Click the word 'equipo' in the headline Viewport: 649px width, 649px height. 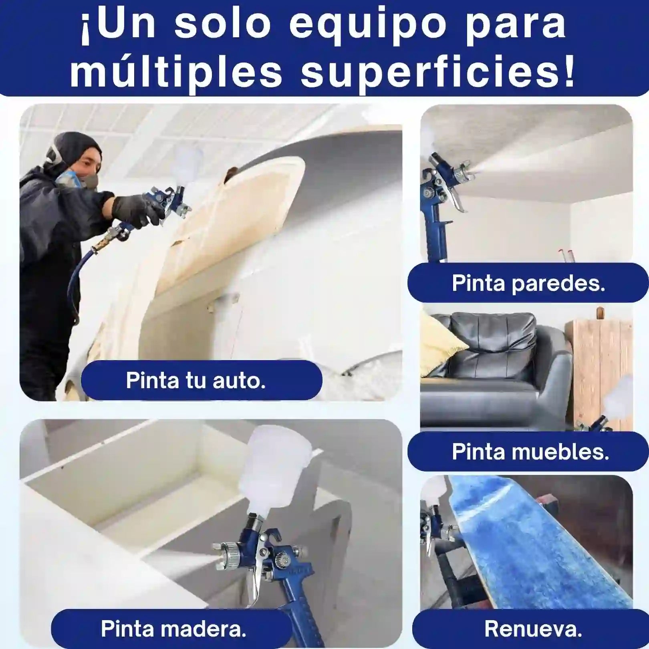[x=367, y=26]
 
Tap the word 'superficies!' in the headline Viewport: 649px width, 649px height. [x=438, y=73]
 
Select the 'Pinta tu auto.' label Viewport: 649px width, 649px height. [x=196, y=380]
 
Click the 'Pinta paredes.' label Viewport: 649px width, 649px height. [x=528, y=283]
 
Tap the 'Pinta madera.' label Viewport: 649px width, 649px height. [x=173, y=629]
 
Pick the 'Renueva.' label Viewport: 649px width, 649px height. [x=533, y=629]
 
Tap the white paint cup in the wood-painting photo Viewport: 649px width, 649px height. [x=267, y=469]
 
